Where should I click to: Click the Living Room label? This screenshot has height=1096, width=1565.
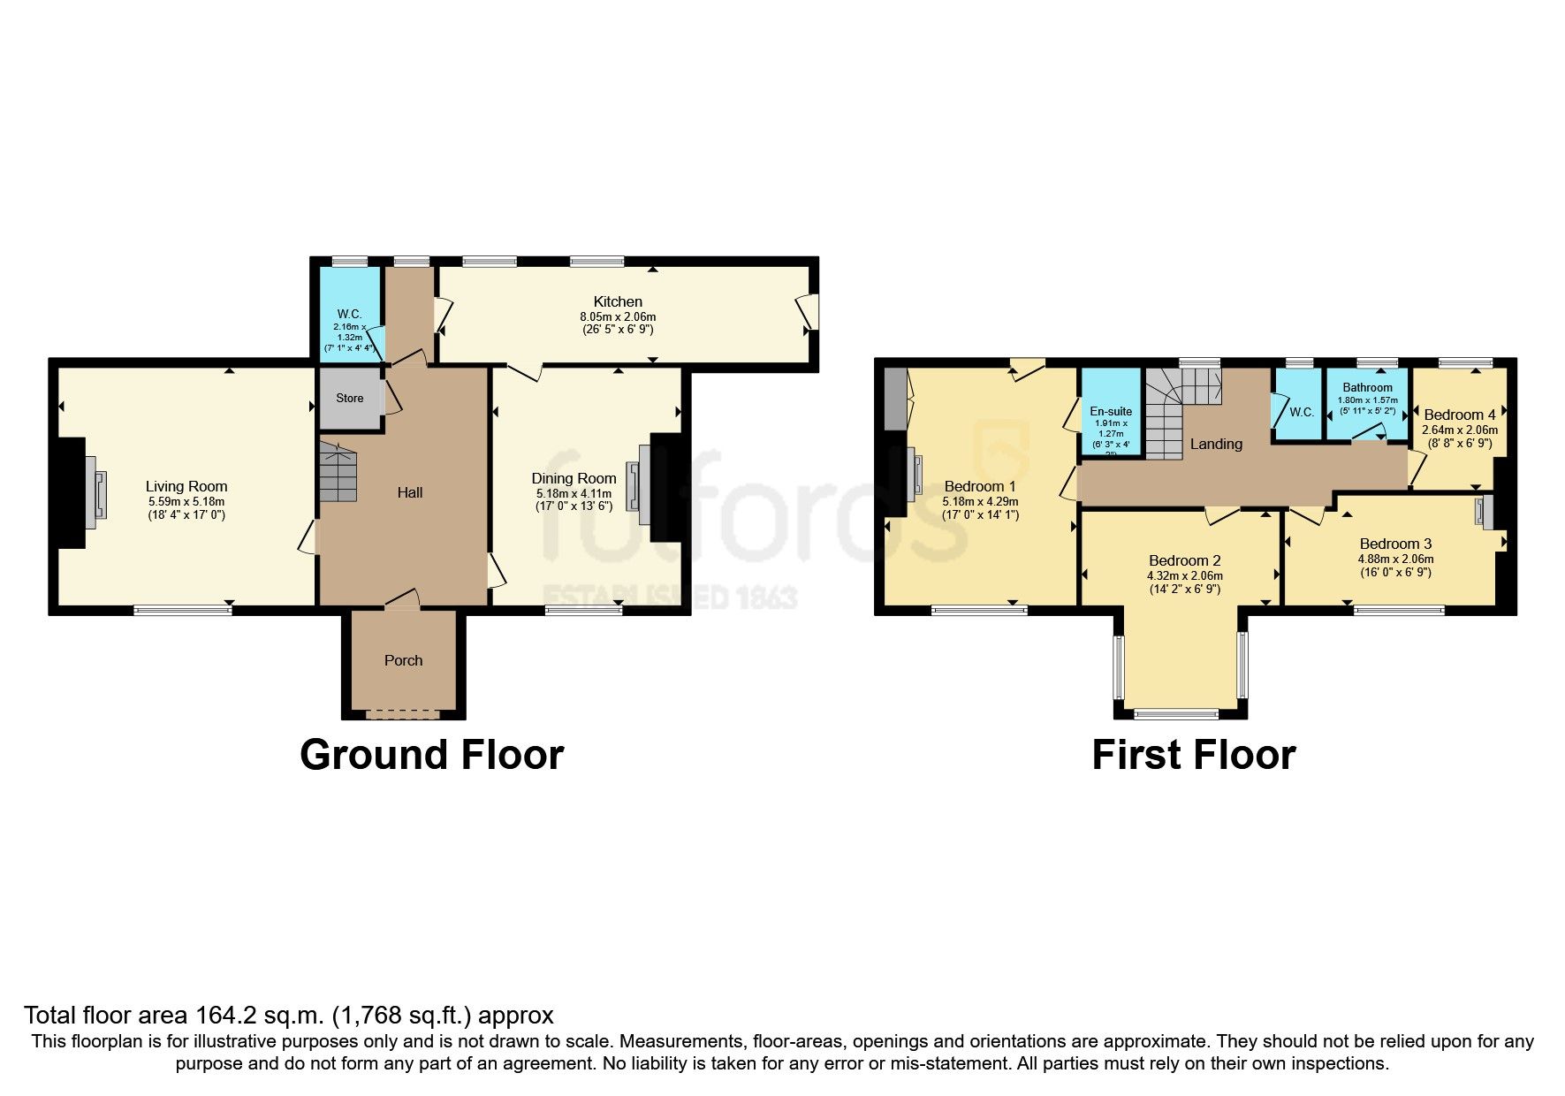(186, 486)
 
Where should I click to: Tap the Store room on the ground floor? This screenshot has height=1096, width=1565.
(350, 399)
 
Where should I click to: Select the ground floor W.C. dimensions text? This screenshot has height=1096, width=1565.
(349, 337)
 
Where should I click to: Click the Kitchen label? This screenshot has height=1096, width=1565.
(618, 301)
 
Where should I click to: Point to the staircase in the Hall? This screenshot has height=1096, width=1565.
(338, 471)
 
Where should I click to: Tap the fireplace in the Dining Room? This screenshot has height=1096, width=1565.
(637, 486)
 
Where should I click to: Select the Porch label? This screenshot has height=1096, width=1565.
(403, 660)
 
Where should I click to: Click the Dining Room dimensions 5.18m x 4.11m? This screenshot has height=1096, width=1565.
(574, 493)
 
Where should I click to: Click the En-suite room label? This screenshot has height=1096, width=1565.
(1111, 411)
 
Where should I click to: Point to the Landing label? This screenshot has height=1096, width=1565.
(1216, 444)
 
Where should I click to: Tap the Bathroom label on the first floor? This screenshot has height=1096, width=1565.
(1367, 387)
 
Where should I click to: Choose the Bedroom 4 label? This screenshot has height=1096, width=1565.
(1460, 415)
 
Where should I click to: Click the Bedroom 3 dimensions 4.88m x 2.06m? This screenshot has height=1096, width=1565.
(1395, 559)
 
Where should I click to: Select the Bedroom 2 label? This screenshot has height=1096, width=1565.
(1184, 560)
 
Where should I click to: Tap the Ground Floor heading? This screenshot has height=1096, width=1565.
(431, 755)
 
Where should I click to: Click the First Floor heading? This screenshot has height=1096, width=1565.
(1193, 755)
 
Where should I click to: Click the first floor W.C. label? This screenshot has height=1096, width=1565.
(1302, 413)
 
